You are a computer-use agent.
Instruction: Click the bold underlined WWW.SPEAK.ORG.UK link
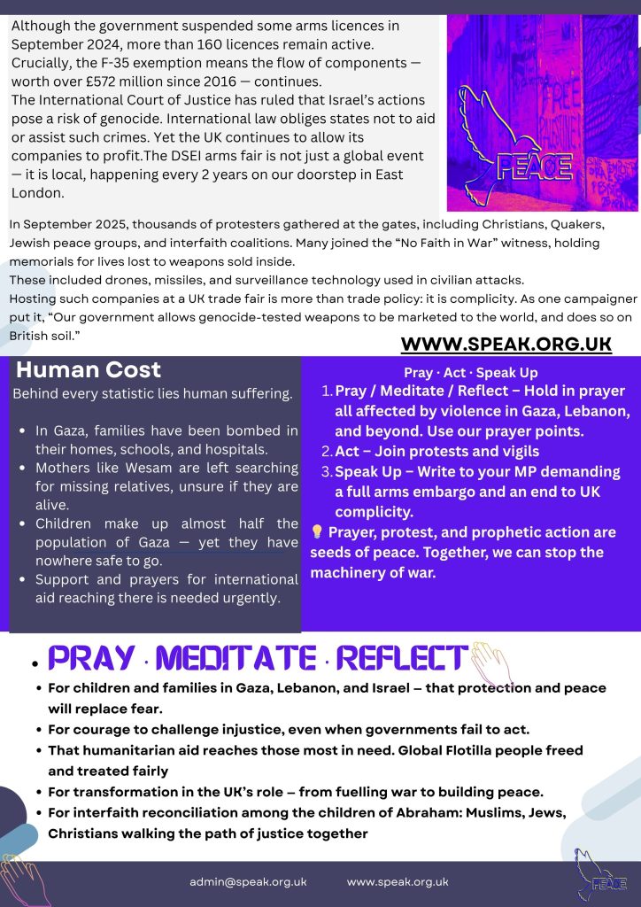click(x=506, y=345)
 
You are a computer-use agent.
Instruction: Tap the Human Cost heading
click(x=89, y=370)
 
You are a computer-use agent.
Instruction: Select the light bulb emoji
click(x=317, y=532)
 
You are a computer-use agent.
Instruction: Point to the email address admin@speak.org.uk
click(x=248, y=882)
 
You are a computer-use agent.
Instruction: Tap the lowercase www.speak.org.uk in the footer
click(x=398, y=882)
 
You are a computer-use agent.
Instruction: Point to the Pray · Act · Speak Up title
click(x=470, y=373)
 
